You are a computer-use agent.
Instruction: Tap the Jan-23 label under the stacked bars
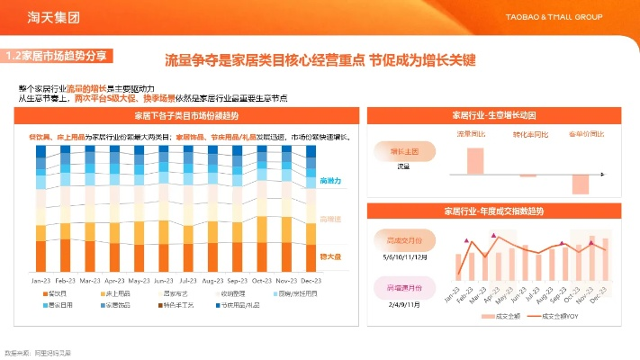[41, 280]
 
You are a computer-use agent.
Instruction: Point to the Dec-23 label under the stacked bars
[311, 280]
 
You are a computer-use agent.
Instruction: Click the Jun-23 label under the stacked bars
[164, 280]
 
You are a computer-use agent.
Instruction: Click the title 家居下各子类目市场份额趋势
[187, 116]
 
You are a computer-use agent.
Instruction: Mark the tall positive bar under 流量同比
[474, 159]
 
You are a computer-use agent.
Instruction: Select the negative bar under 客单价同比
[581, 183]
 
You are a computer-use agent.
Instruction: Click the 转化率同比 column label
[528, 134]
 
